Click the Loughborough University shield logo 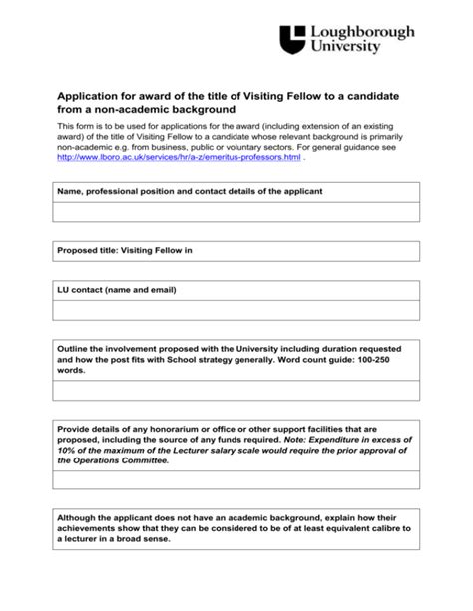pyautogui.click(x=292, y=39)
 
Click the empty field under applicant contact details pyautogui.click(x=236, y=212)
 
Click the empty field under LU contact pyautogui.click(x=236, y=310)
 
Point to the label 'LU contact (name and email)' pyautogui.click(x=117, y=290)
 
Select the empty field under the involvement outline pyautogui.click(x=236, y=390)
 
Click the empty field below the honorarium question pyautogui.click(x=236, y=480)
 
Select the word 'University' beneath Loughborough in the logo pyautogui.click(x=345, y=48)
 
